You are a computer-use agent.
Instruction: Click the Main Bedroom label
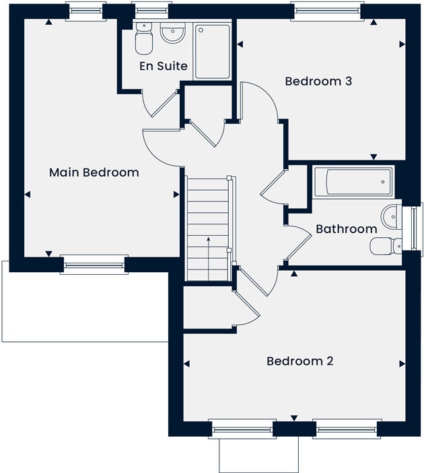click(x=94, y=173)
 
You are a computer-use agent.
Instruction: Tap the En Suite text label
click(x=164, y=66)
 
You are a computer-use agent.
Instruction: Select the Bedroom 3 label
click(x=319, y=81)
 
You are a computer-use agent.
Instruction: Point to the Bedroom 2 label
click(x=300, y=361)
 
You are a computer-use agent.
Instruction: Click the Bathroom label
click(x=346, y=229)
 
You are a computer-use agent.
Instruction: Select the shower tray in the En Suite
click(x=213, y=50)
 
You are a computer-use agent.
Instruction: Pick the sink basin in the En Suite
click(x=173, y=33)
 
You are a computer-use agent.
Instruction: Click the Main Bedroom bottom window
click(x=94, y=265)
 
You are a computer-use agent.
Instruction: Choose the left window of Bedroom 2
click(x=242, y=429)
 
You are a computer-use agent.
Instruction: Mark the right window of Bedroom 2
click(x=347, y=429)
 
